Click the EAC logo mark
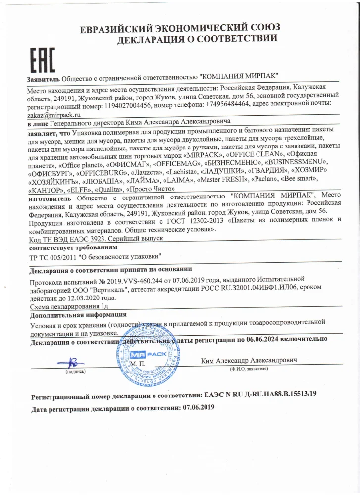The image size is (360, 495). (x=39, y=62)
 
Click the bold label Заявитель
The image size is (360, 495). (x=44, y=79)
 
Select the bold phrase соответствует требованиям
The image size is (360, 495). (x=73, y=247)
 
